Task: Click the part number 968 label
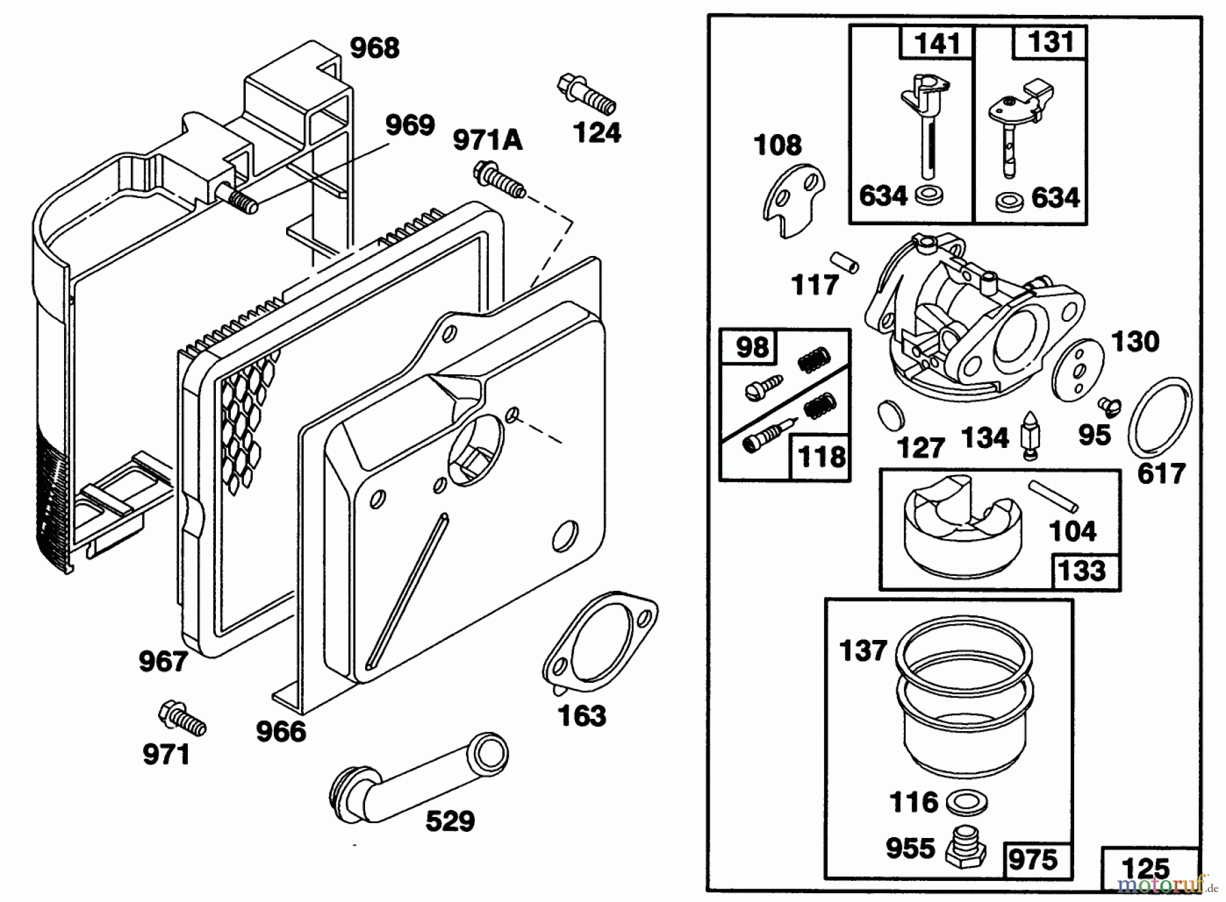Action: coord(375,48)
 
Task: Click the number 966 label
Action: coord(281,732)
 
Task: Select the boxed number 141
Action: coord(938,43)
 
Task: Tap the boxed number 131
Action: coord(1051,42)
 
